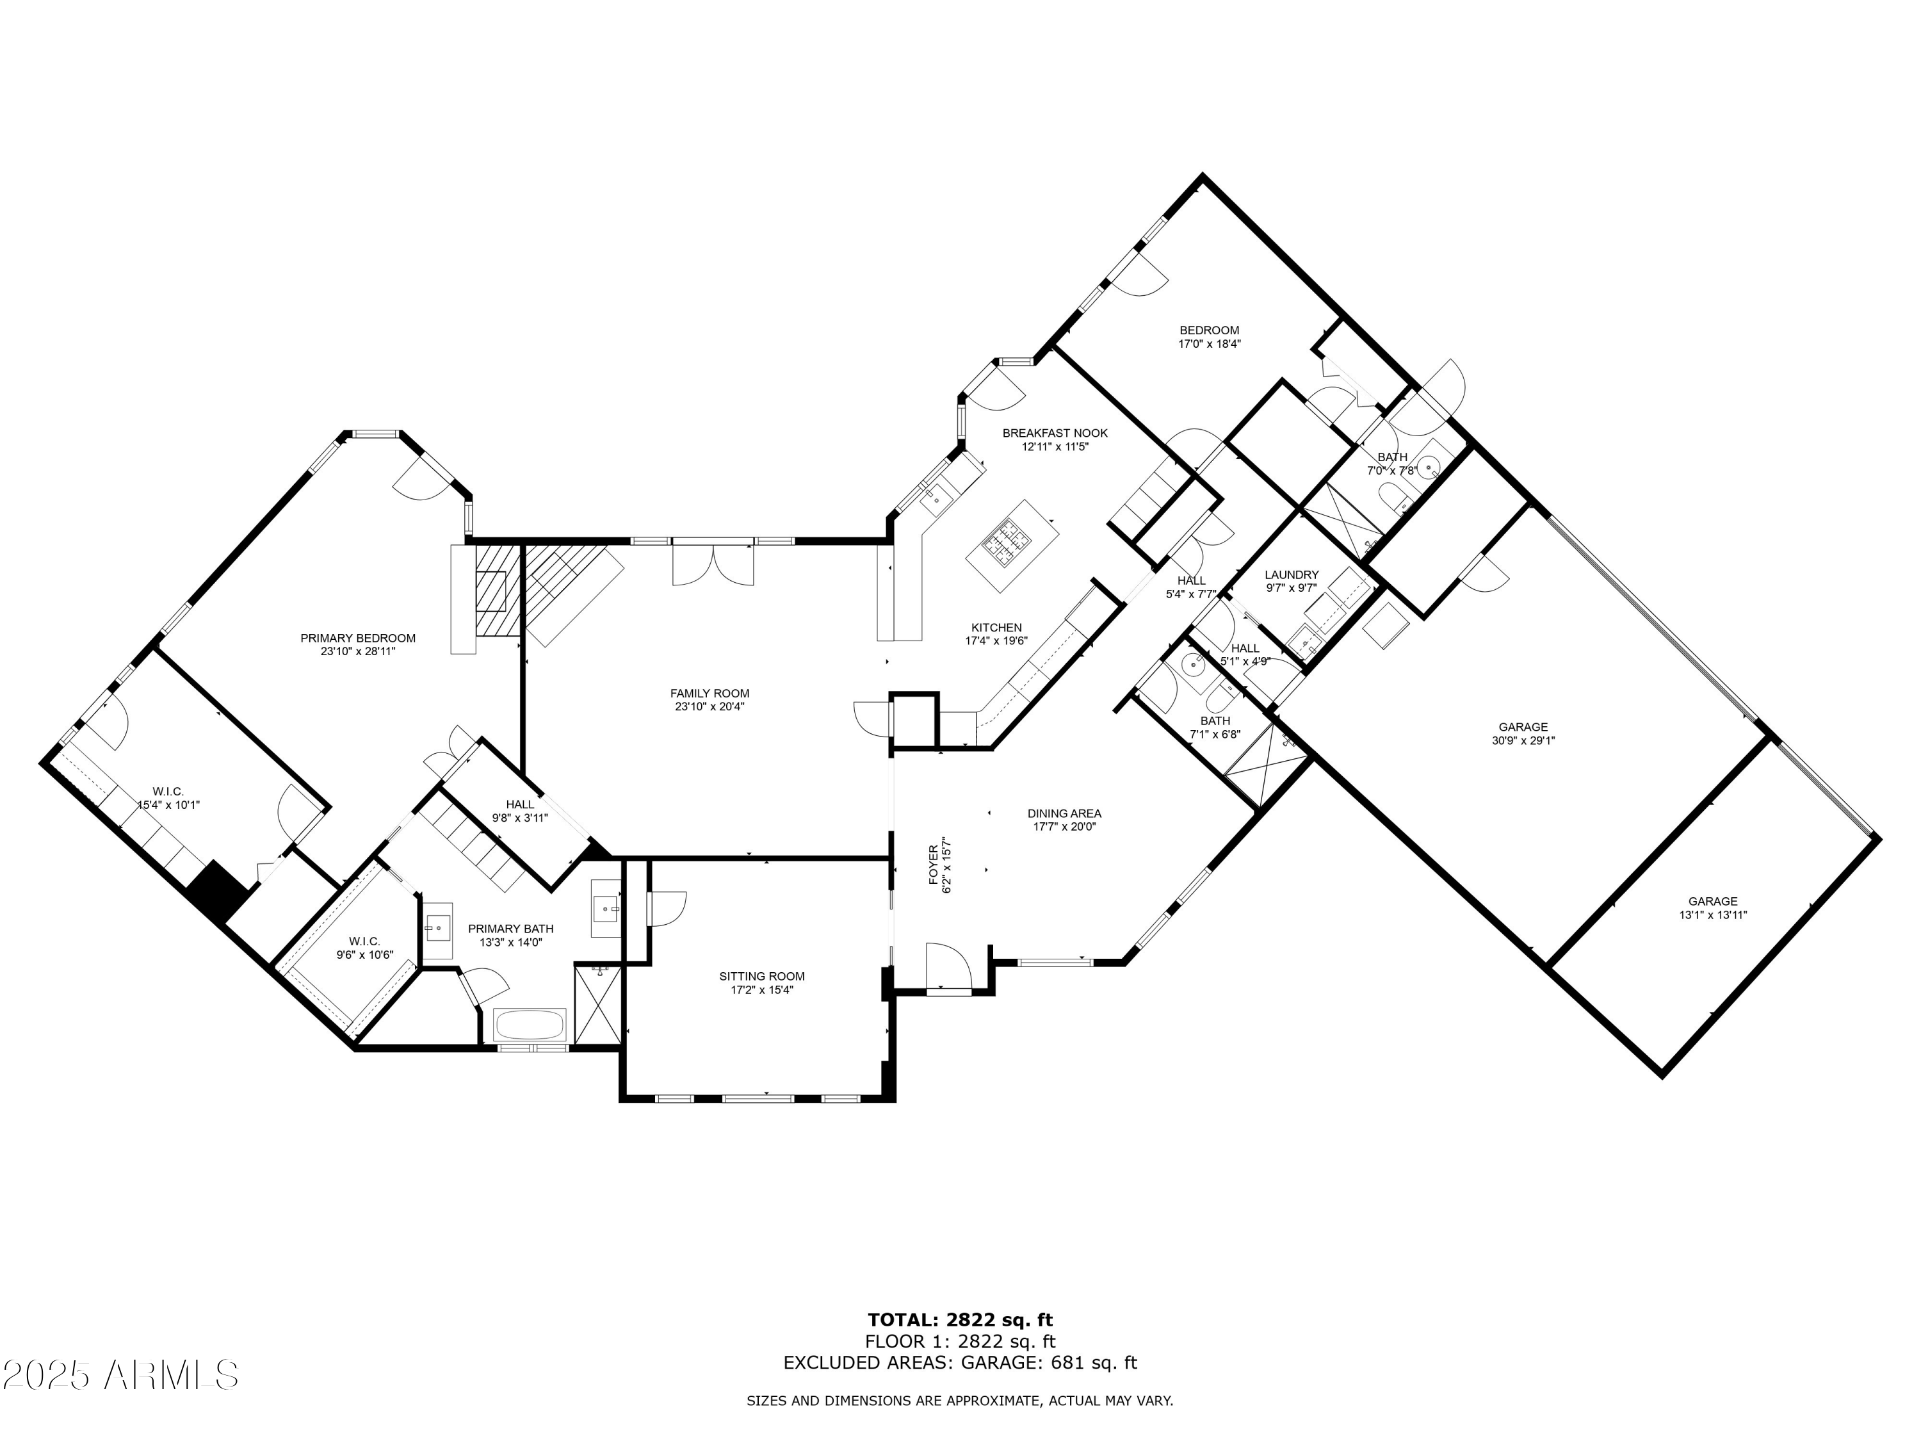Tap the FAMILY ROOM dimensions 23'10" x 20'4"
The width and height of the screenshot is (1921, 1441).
pyautogui.click(x=709, y=707)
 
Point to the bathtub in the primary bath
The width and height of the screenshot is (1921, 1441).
pyautogui.click(x=530, y=1025)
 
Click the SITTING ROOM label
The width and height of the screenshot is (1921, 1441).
pyautogui.click(x=761, y=976)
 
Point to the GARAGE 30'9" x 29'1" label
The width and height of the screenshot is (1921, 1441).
pyautogui.click(x=1523, y=727)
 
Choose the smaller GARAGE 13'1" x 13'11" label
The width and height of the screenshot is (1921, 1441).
pyautogui.click(x=1713, y=902)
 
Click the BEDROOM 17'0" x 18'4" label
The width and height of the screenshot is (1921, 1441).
pyautogui.click(x=1209, y=330)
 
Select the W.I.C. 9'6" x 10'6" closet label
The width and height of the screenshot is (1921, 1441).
pyautogui.click(x=365, y=941)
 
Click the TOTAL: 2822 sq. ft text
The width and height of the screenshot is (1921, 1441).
pyautogui.click(x=960, y=1320)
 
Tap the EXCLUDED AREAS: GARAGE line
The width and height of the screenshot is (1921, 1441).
pyautogui.click(x=960, y=1363)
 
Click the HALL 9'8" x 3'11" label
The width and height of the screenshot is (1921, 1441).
pyautogui.click(x=520, y=804)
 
